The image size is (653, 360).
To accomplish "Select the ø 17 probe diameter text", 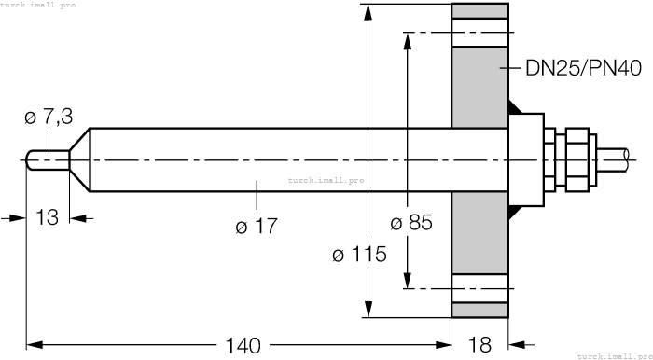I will coord(257,227).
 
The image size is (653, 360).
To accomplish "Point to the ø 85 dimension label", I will coord(410,224).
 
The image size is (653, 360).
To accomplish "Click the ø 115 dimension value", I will coord(359,255).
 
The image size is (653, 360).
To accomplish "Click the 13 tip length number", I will coord(47,217).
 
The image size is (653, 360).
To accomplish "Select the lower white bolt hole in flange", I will coord(480,288).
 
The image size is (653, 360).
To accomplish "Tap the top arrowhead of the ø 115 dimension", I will coord(369,12).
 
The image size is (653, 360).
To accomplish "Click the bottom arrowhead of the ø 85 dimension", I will coord(407,281).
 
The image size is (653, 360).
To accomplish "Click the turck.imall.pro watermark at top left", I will coord(38,6).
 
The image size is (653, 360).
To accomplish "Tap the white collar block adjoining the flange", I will coord(527,159).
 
